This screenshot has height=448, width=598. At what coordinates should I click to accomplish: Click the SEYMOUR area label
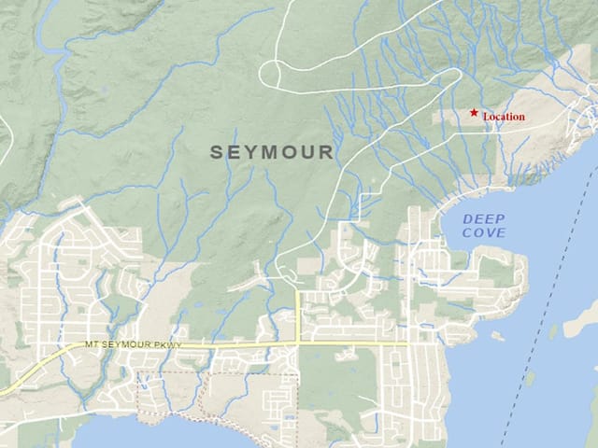(272, 152)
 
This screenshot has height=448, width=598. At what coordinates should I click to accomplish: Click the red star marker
(475, 113)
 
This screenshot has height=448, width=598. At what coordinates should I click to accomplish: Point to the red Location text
(504, 117)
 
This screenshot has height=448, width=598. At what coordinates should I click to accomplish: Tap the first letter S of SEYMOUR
(217, 152)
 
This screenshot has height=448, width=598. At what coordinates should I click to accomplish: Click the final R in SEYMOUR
(327, 152)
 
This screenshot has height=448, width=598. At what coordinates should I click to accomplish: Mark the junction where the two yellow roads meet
(297, 343)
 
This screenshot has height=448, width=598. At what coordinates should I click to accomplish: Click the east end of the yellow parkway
(406, 343)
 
